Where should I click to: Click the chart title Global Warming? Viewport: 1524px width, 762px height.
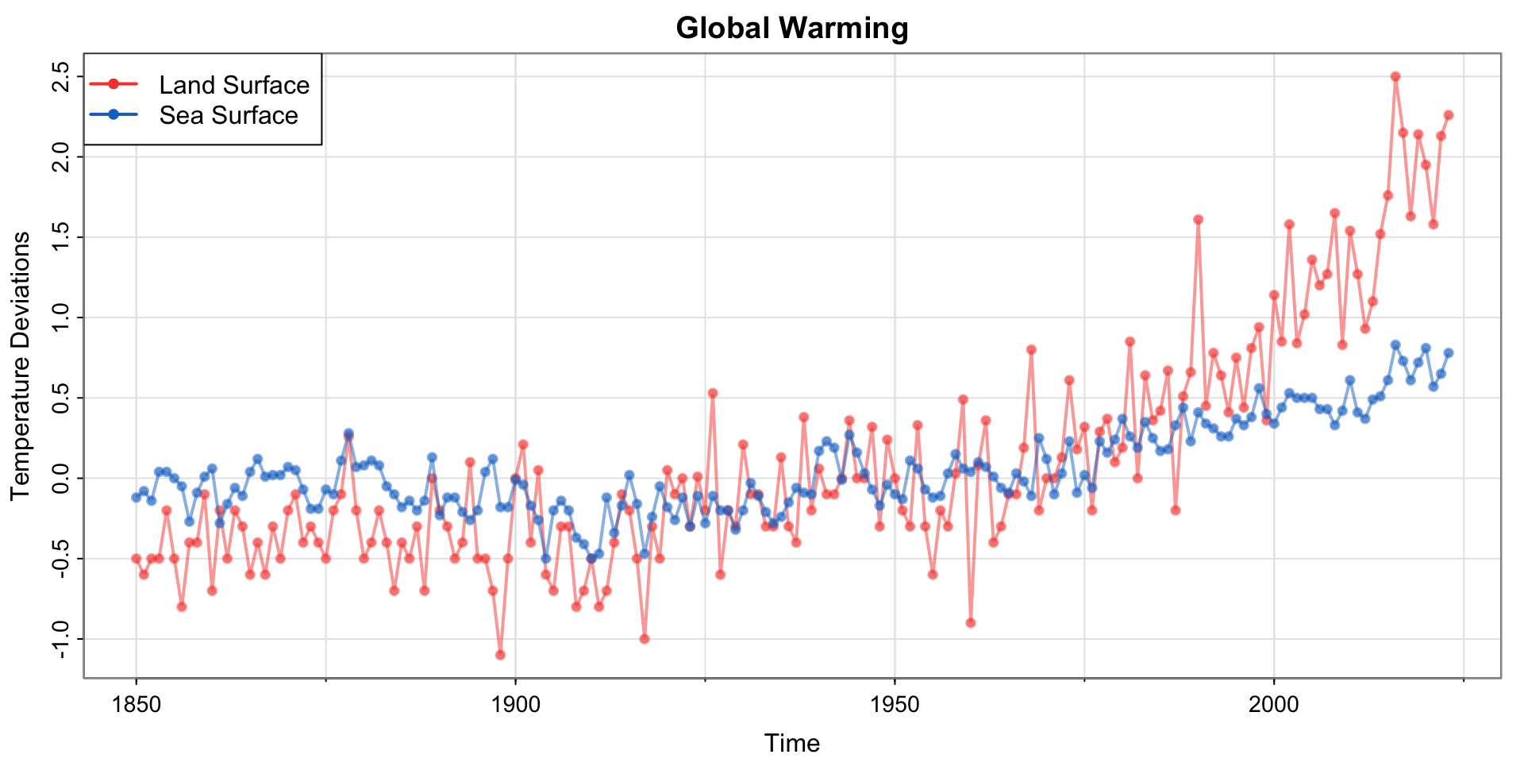coord(792,29)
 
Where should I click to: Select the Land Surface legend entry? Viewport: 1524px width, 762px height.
coord(233,84)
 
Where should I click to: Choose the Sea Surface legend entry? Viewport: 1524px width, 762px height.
coord(228,115)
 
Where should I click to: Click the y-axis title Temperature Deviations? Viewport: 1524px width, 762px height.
coord(21,365)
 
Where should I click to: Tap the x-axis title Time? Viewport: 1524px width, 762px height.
coord(791,743)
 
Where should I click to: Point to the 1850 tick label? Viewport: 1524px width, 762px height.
coord(136,704)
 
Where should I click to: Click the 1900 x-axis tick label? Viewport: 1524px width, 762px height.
coord(515,704)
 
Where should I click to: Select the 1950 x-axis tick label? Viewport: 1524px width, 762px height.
coord(895,704)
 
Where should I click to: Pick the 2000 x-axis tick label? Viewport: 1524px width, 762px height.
coord(1274,704)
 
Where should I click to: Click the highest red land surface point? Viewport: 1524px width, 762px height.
coord(1395,76)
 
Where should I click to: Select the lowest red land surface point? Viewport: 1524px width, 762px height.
coord(500,655)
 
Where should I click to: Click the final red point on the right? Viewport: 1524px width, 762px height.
coord(1449,115)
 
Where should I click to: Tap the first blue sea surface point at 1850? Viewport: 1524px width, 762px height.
coord(136,498)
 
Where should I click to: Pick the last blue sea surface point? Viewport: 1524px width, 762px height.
coord(1449,352)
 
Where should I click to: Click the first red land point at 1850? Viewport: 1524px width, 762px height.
coord(136,558)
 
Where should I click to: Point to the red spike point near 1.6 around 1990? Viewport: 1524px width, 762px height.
coord(1198,219)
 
